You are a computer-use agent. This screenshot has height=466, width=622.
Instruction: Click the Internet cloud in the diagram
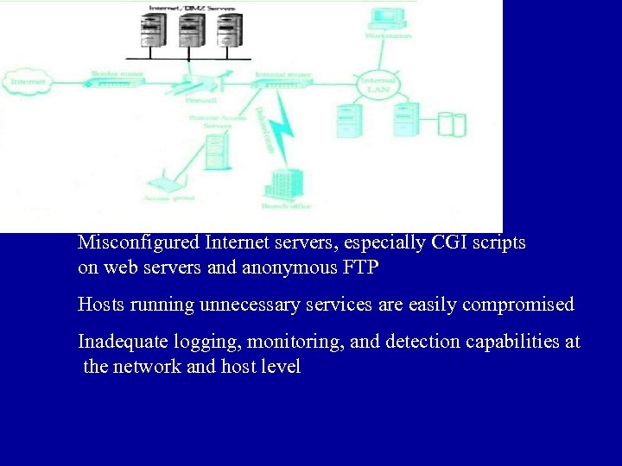click(x=28, y=83)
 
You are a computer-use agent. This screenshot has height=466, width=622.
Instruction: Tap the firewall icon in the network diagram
click(x=198, y=84)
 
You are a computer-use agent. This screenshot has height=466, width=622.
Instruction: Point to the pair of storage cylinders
click(x=451, y=123)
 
